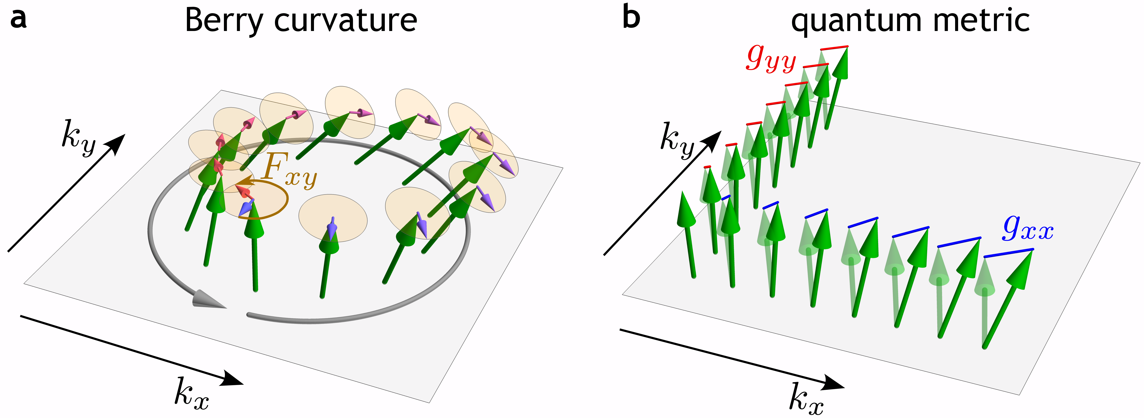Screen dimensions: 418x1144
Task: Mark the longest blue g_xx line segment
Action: tap(1008, 253)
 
